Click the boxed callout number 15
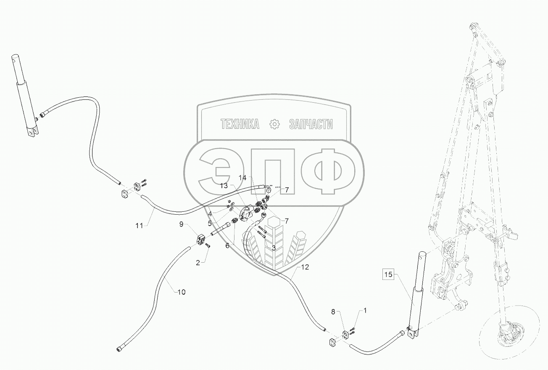[387, 275]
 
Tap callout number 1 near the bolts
[365, 311]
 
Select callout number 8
[333, 312]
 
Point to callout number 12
[305, 267]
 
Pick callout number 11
[140, 226]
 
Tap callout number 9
[182, 224]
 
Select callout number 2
[198, 263]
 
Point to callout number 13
[224, 186]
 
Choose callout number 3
[274, 248]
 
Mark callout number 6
[227, 245]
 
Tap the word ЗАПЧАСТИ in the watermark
[311, 124]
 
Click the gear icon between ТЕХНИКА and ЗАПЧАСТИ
[274, 124]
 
